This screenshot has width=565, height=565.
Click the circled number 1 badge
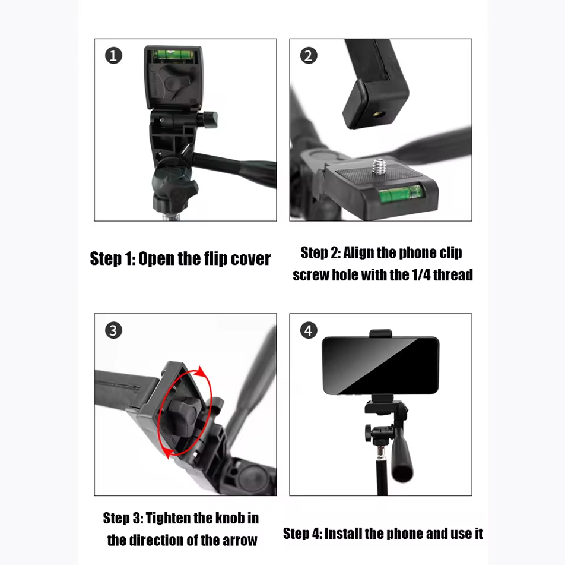click(113, 56)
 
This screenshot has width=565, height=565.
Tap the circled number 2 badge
click(309, 56)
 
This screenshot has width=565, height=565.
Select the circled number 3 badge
click(113, 330)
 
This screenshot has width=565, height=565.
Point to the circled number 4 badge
click(309, 330)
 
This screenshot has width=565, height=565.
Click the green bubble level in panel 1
click(174, 55)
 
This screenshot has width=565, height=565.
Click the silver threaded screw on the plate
click(379, 167)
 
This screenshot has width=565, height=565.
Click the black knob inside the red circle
click(182, 415)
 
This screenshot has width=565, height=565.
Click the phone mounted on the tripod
click(380, 365)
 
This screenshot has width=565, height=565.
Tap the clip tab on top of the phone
click(380, 333)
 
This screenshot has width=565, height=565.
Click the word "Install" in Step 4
click(342, 534)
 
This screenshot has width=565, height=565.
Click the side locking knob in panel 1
click(208, 119)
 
